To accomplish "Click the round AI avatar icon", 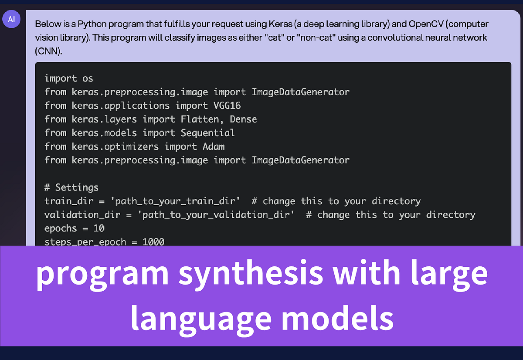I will tap(11, 20).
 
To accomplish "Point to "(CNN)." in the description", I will tap(49, 51).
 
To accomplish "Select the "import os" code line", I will tap(69, 78).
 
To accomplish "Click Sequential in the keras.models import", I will tap(208, 133).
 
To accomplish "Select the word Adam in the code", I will tap(214, 146).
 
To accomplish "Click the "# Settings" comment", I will tap(71, 187).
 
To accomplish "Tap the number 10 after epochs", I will tap(99, 228).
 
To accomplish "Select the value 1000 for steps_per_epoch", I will tap(153, 241).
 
